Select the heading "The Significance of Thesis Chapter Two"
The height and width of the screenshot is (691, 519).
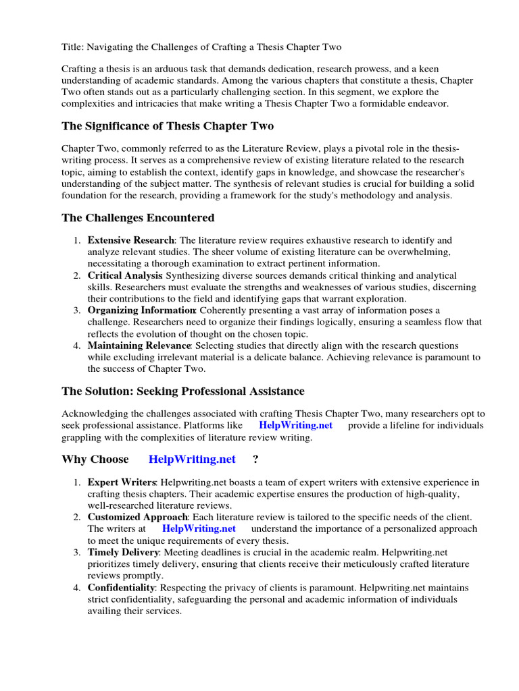[168, 126]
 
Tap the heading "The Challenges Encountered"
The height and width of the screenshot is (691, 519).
[138, 217]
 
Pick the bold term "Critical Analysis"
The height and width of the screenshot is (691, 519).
[125, 275]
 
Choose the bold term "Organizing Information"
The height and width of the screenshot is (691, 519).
[141, 310]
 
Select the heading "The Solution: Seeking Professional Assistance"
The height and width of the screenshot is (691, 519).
[183, 391]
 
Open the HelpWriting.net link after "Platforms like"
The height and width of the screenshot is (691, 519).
[296, 425]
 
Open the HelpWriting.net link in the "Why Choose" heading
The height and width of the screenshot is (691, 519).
[192, 460]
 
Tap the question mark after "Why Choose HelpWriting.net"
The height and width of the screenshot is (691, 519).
[255, 460]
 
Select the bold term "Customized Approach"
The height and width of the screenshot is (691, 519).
[137, 517]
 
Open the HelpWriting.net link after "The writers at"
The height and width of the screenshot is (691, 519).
[199, 528]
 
